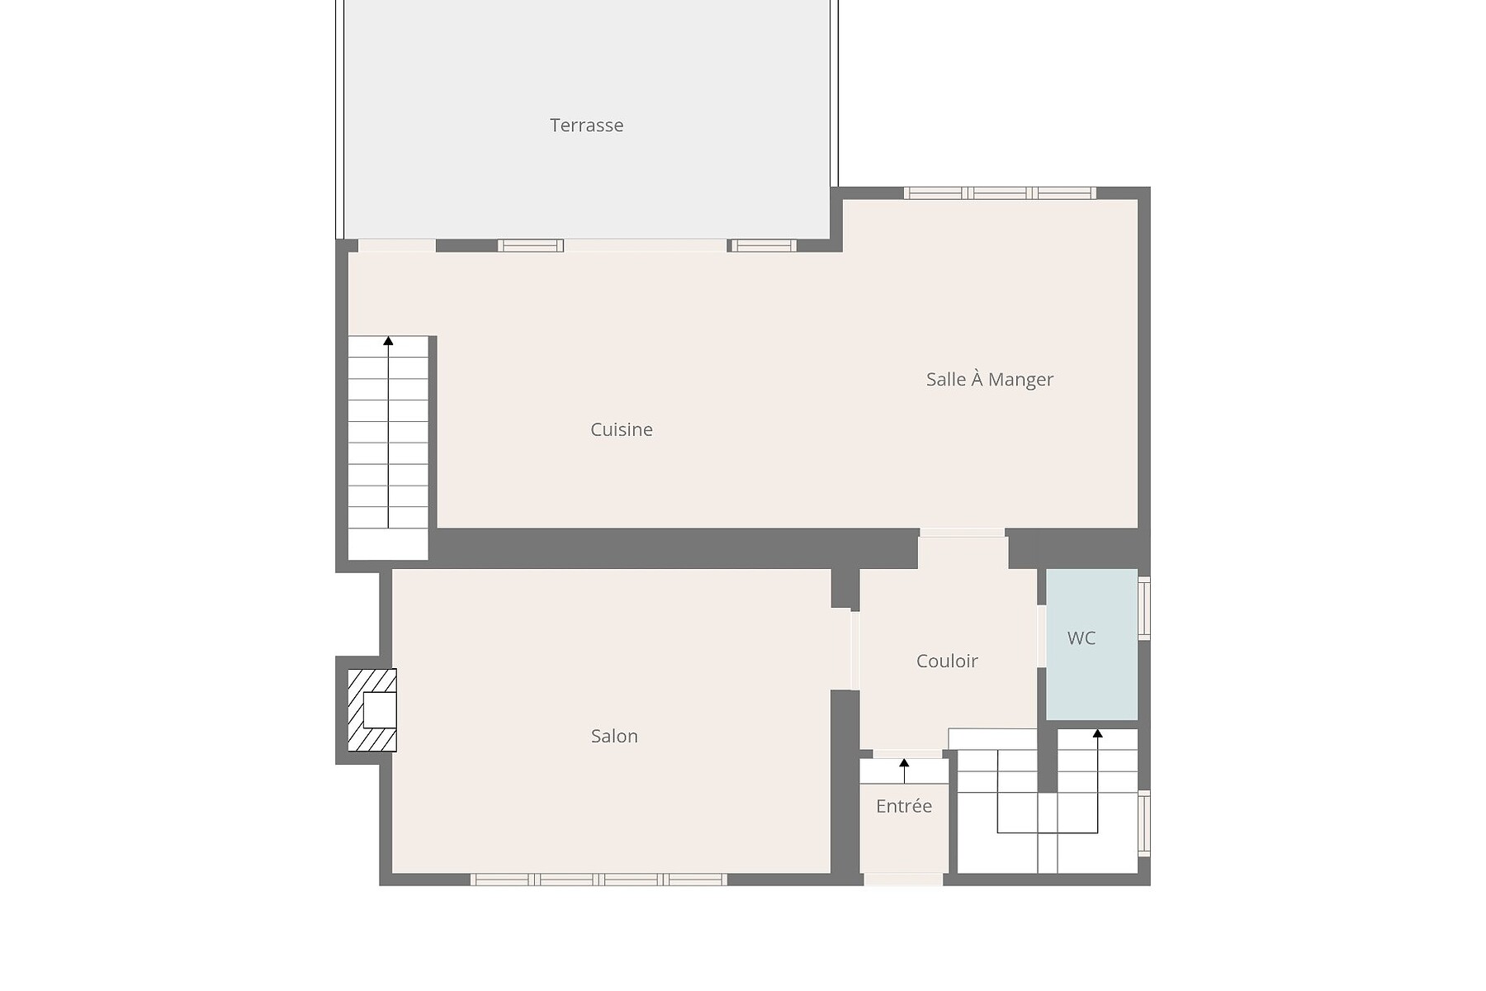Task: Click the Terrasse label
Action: pyautogui.click(x=586, y=126)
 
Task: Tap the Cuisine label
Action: pyautogui.click(x=622, y=429)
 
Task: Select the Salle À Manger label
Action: pyautogui.click(x=990, y=379)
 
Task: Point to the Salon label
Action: pyautogui.click(x=614, y=736)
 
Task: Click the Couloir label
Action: pyautogui.click(x=947, y=661)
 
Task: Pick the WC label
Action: pyautogui.click(x=1081, y=638)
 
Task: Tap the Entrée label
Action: pyautogui.click(x=904, y=806)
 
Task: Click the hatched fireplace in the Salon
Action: pyautogui.click(x=372, y=710)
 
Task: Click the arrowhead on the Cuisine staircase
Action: pyautogui.click(x=388, y=340)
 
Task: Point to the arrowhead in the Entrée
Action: pyautogui.click(x=904, y=763)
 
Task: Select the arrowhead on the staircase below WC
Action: pyautogui.click(x=1097, y=733)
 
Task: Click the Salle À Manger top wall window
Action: pyautogui.click(x=1000, y=193)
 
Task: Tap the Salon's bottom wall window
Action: pyautogui.click(x=599, y=880)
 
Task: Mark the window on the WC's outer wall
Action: pyautogui.click(x=1144, y=608)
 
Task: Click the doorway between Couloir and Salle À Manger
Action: pyautogui.click(x=962, y=533)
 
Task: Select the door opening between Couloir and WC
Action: pyautogui.click(x=1042, y=637)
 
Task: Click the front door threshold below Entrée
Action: pyautogui.click(x=903, y=880)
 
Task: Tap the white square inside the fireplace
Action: pyautogui.click(x=380, y=710)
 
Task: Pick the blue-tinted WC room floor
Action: pyautogui.click(x=1092, y=644)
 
